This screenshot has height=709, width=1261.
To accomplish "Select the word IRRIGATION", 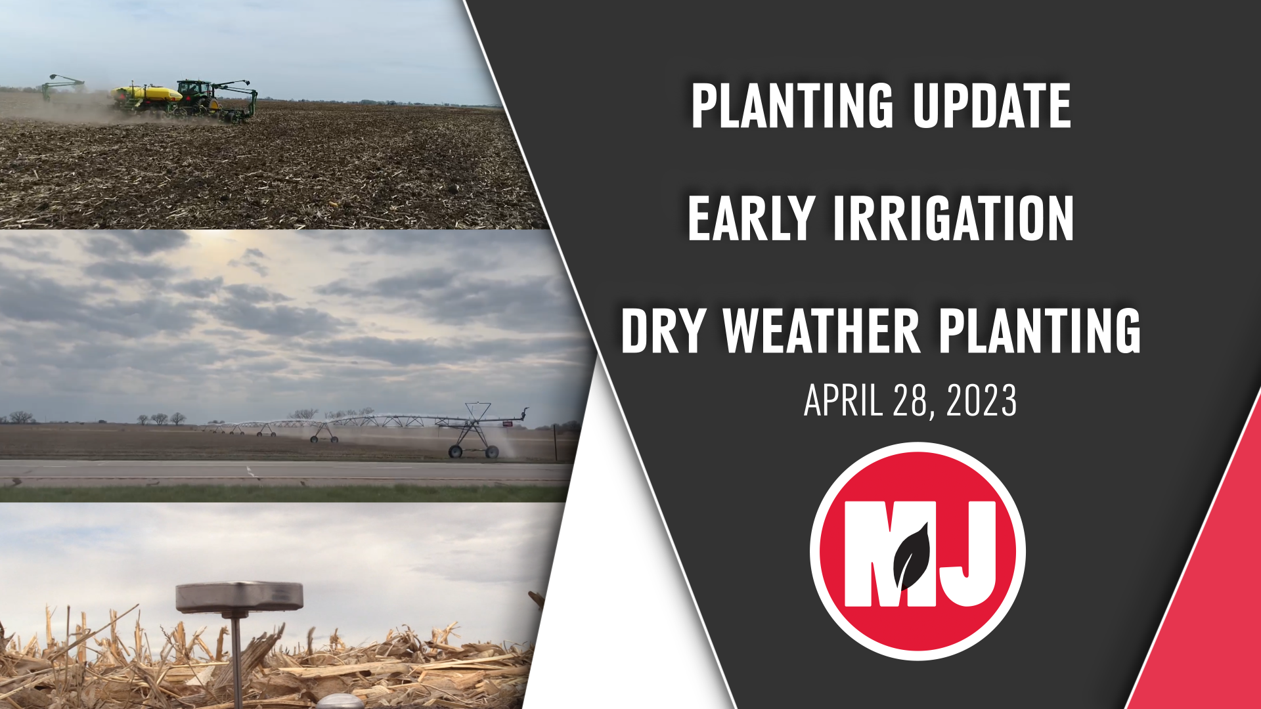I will click(x=953, y=219).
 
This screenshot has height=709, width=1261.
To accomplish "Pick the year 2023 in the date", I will click(x=981, y=400).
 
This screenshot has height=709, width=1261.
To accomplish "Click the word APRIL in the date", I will click(x=843, y=400).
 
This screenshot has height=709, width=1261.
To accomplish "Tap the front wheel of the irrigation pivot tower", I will click(x=455, y=451).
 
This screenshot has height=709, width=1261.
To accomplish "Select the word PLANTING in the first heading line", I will click(x=791, y=106).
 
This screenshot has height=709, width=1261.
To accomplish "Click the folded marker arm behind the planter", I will click(x=63, y=83).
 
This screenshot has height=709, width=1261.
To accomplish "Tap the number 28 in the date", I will click(x=909, y=400).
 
